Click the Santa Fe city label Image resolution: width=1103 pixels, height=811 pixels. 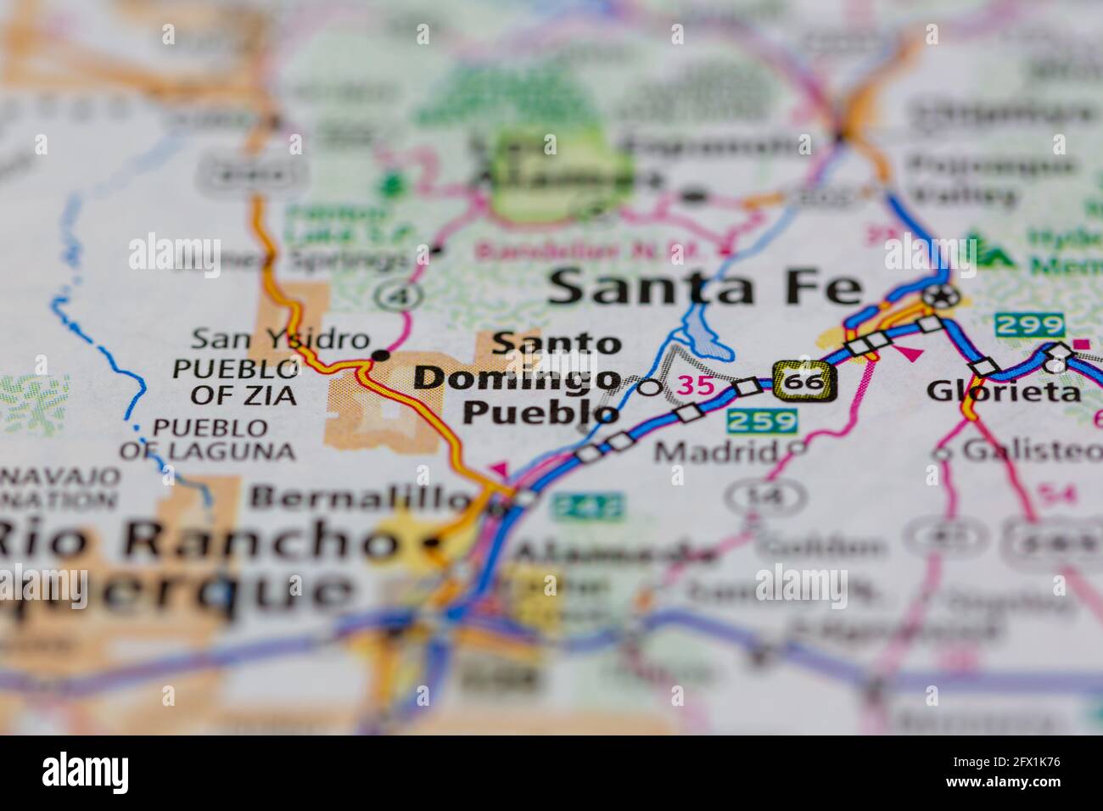706,288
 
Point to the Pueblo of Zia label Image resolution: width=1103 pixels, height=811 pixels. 236,382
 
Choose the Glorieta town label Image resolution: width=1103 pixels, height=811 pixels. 1004,391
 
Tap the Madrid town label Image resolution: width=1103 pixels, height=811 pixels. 716,451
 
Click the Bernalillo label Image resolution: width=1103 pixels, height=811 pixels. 361,497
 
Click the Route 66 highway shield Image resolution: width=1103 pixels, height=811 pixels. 804,382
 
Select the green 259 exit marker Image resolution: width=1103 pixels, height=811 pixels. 762,420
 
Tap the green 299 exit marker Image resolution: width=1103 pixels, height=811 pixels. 1029,324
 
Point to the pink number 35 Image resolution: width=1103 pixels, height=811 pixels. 697,386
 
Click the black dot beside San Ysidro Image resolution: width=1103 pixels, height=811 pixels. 382,355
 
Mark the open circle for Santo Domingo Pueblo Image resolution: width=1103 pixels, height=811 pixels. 649,388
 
